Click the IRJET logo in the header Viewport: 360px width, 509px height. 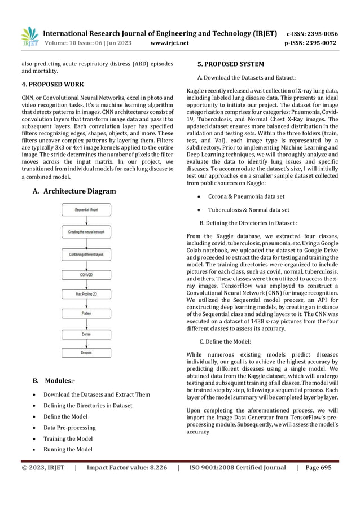point(29,36)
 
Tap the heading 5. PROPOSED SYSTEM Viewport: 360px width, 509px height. point(229,64)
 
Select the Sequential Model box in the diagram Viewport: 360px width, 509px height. point(86,210)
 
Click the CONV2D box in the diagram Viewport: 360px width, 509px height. point(86,275)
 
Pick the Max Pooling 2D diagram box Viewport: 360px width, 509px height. point(86,295)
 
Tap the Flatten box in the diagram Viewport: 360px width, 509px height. point(86,313)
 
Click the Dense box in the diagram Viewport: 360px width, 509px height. point(86,334)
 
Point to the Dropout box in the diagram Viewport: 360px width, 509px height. point(86,353)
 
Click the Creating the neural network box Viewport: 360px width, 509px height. point(86,232)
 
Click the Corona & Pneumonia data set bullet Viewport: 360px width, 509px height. point(247,196)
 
